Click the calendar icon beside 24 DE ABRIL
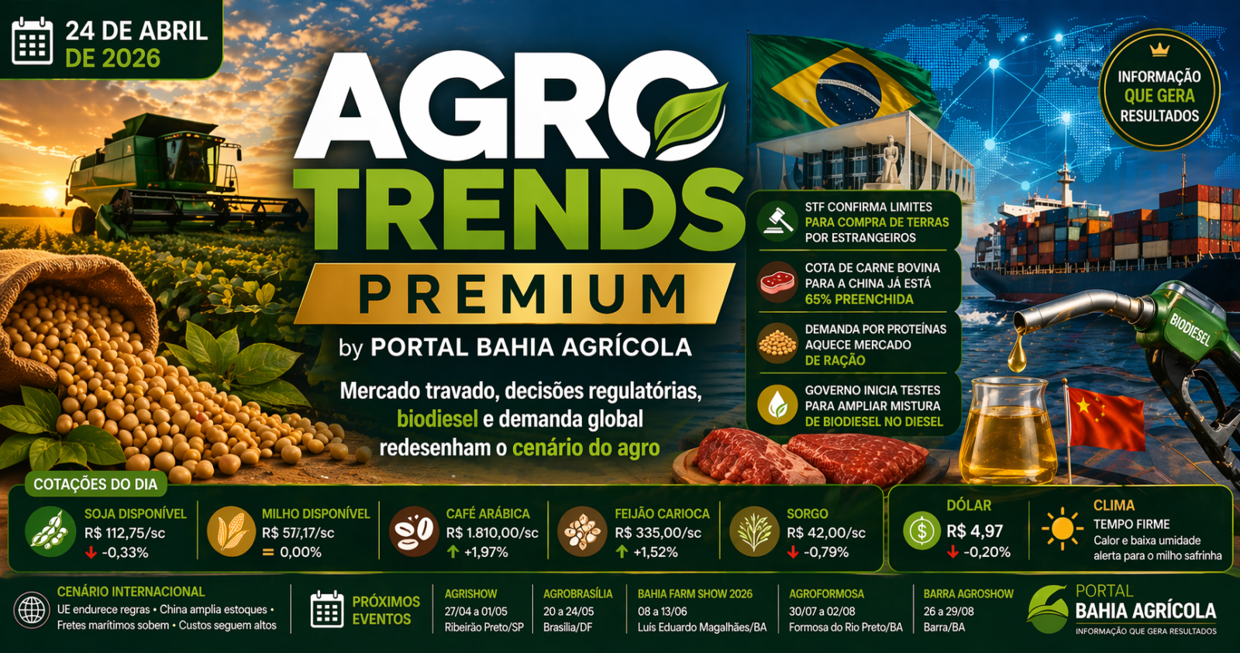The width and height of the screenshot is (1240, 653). tap(32, 41)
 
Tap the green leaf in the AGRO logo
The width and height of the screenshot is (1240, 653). tap(690, 117)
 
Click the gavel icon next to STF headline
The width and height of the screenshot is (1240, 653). tap(777, 221)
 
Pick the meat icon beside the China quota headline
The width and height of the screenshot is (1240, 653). tap(777, 282)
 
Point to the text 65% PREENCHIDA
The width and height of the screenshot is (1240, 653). tap(859, 299)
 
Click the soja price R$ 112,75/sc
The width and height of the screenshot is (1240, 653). tap(125, 533)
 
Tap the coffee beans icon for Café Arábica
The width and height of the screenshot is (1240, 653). tap(414, 531)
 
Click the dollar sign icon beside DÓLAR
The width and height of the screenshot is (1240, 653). tap(921, 530)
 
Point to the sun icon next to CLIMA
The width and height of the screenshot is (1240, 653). tap(1063, 528)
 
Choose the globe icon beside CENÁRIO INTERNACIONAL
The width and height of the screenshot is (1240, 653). tap(32, 610)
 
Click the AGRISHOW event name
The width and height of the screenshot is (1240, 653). tap(470, 594)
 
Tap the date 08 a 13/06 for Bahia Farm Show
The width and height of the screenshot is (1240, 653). tap(662, 611)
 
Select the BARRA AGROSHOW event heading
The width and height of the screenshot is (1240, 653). tap(968, 594)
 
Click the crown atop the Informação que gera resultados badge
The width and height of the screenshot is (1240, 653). tap(1159, 50)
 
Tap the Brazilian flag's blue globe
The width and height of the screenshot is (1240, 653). tap(848, 92)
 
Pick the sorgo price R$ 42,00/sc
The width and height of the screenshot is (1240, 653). tap(826, 533)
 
